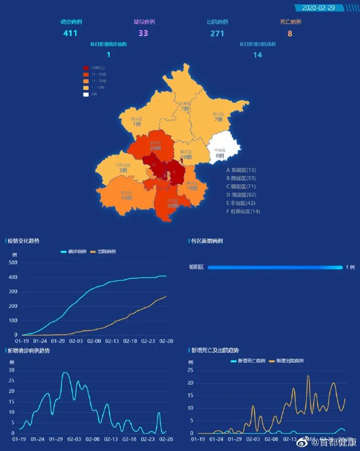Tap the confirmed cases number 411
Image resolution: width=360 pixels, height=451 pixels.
tap(70, 33)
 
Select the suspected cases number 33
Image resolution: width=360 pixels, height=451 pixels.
tap(143, 33)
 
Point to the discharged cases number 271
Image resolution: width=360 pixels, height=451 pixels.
tap(217, 33)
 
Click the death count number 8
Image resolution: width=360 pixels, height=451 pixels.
tap(290, 33)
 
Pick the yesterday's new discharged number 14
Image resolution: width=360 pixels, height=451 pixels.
tap(258, 55)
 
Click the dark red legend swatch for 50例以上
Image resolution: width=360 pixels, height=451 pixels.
tap(86, 68)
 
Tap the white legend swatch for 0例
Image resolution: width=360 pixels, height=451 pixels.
tap(86, 94)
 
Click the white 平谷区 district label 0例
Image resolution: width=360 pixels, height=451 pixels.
tap(220, 156)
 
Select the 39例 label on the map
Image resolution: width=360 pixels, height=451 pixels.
tap(173, 206)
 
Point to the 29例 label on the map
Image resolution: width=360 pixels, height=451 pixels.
tap(155, 148)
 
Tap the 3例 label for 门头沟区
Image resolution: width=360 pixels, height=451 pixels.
tap(123, 170)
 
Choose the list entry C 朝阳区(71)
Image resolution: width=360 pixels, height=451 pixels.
tap(241, 186)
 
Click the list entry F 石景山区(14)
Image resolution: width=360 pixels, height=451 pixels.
tap(243, 211)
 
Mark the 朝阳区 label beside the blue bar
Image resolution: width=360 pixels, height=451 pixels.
tap(196, 267)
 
